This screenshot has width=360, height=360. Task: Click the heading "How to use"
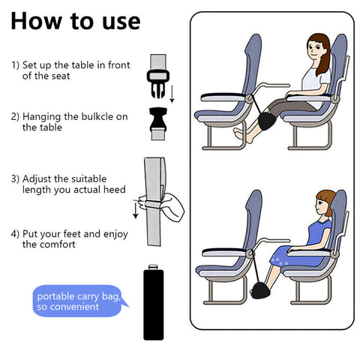[75, 20]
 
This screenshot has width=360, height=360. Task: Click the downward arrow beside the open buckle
[172, 94]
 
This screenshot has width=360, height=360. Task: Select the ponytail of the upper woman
[324, 64]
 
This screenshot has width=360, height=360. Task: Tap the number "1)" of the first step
[15, 64]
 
